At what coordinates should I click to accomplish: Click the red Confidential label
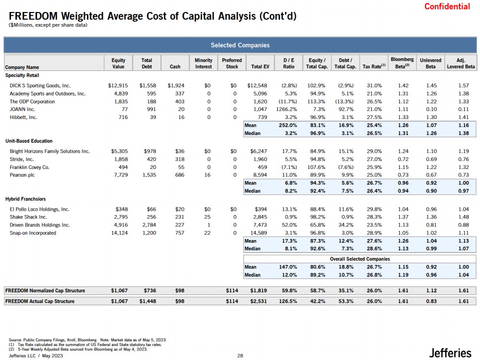[447, 6]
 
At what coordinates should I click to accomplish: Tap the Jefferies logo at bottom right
[450, 353]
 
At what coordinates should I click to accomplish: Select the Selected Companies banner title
[240, 45]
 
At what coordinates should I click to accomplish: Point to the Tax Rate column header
[374, 67]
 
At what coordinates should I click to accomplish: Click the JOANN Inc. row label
[23, 109]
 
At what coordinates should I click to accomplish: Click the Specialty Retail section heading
[22, 75]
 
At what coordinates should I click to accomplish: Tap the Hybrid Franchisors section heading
[25, 199]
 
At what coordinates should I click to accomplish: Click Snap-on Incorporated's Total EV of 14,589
[257, 233]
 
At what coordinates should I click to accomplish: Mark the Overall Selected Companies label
[359, 259]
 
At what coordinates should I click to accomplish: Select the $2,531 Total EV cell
[258, 301]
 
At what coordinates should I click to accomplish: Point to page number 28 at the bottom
[240, 356]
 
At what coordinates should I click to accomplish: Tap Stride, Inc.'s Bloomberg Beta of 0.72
[403, 159]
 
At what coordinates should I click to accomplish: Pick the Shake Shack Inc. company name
[28, 217]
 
